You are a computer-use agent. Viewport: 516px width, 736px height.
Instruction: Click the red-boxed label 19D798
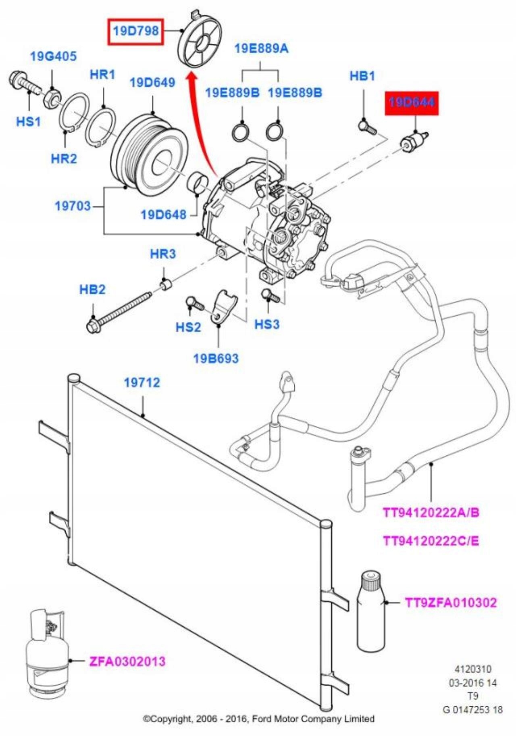click(135, 31)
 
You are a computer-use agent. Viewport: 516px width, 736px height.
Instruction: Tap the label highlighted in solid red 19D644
click(412, 103)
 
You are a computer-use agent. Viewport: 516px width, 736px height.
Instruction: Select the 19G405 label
click(53, 56)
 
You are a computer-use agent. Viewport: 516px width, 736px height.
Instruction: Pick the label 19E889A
click(261, 49)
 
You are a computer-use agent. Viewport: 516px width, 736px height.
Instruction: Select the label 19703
click(73, 206)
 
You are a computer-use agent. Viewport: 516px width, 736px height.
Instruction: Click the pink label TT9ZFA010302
click(451, 603)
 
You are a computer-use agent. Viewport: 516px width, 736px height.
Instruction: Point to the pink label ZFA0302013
click(127, 661)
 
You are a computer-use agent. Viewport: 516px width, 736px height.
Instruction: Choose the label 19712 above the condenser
click(142, 382)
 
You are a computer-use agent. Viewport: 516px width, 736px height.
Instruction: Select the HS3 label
click(267, 324)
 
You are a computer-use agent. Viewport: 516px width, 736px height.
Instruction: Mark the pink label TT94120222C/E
click(431, 541)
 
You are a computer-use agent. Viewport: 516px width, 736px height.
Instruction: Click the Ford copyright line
click(259, 719)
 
